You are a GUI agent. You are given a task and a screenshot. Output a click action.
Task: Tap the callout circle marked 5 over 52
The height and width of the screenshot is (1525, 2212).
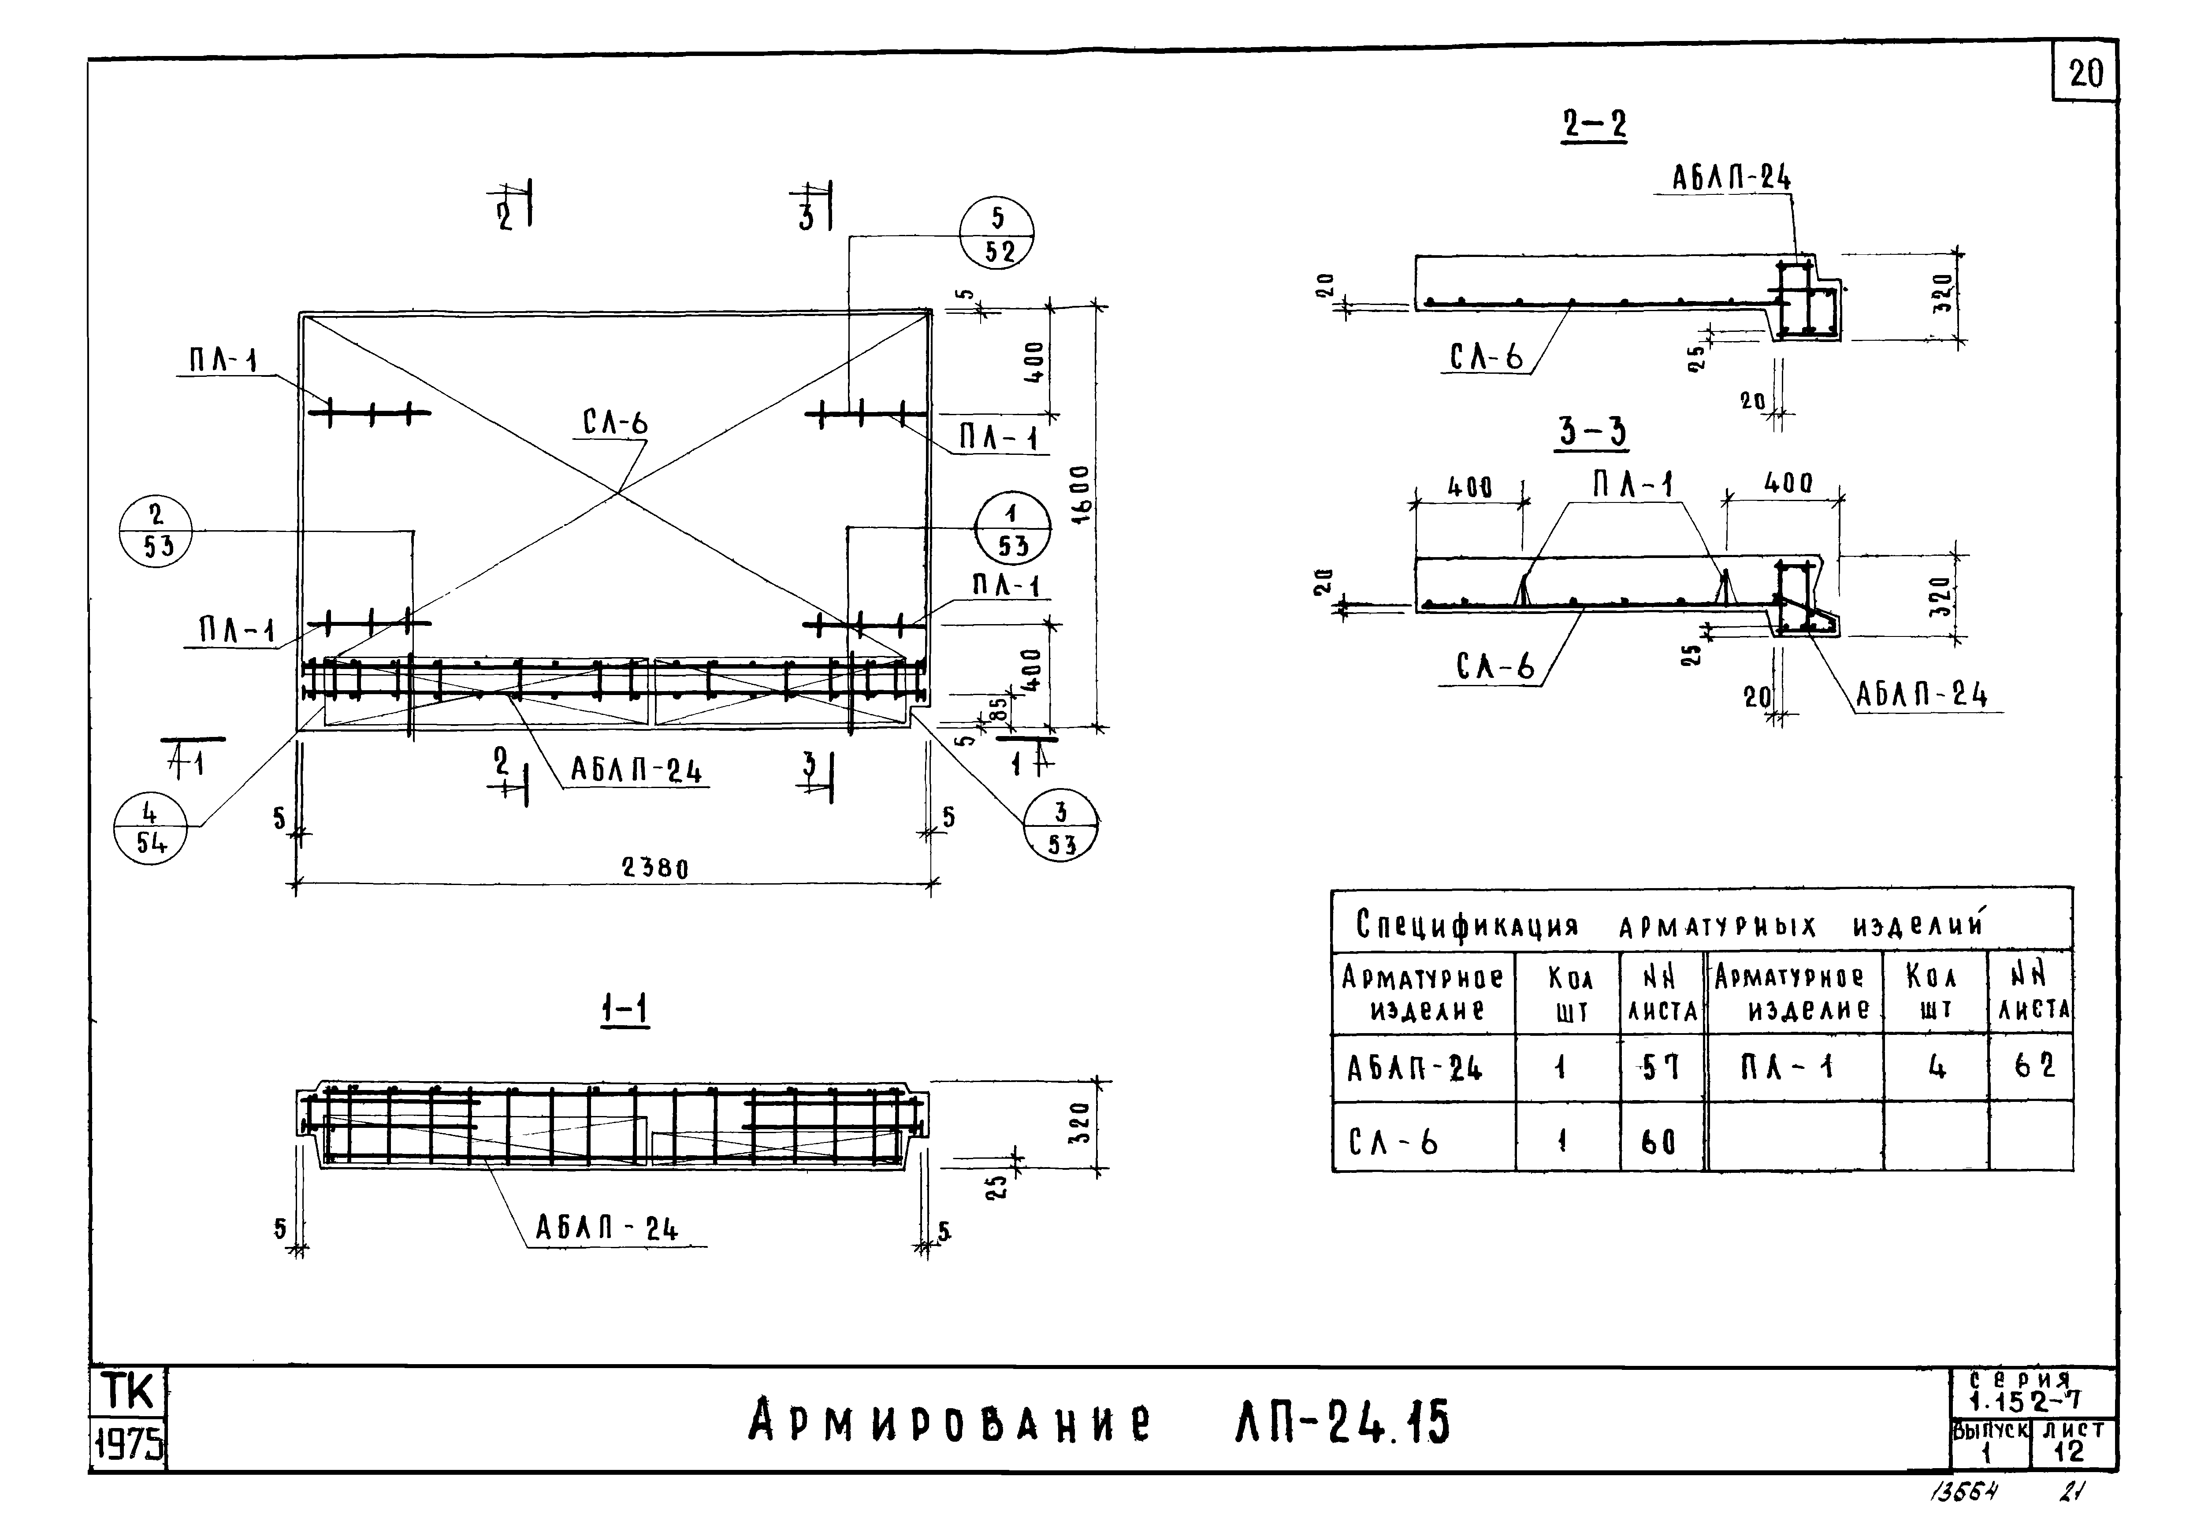pyautogui.click(x=996, y=233)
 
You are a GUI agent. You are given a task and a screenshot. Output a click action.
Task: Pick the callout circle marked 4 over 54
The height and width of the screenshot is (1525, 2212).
pyautogui.click(x=150, y=829)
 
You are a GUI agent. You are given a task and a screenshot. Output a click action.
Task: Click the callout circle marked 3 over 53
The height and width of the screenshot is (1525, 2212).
pyautogui.click(x=1061, y=829)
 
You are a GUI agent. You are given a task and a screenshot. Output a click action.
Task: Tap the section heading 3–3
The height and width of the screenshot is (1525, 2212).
pyautogui.click(x=1592, y=432)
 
